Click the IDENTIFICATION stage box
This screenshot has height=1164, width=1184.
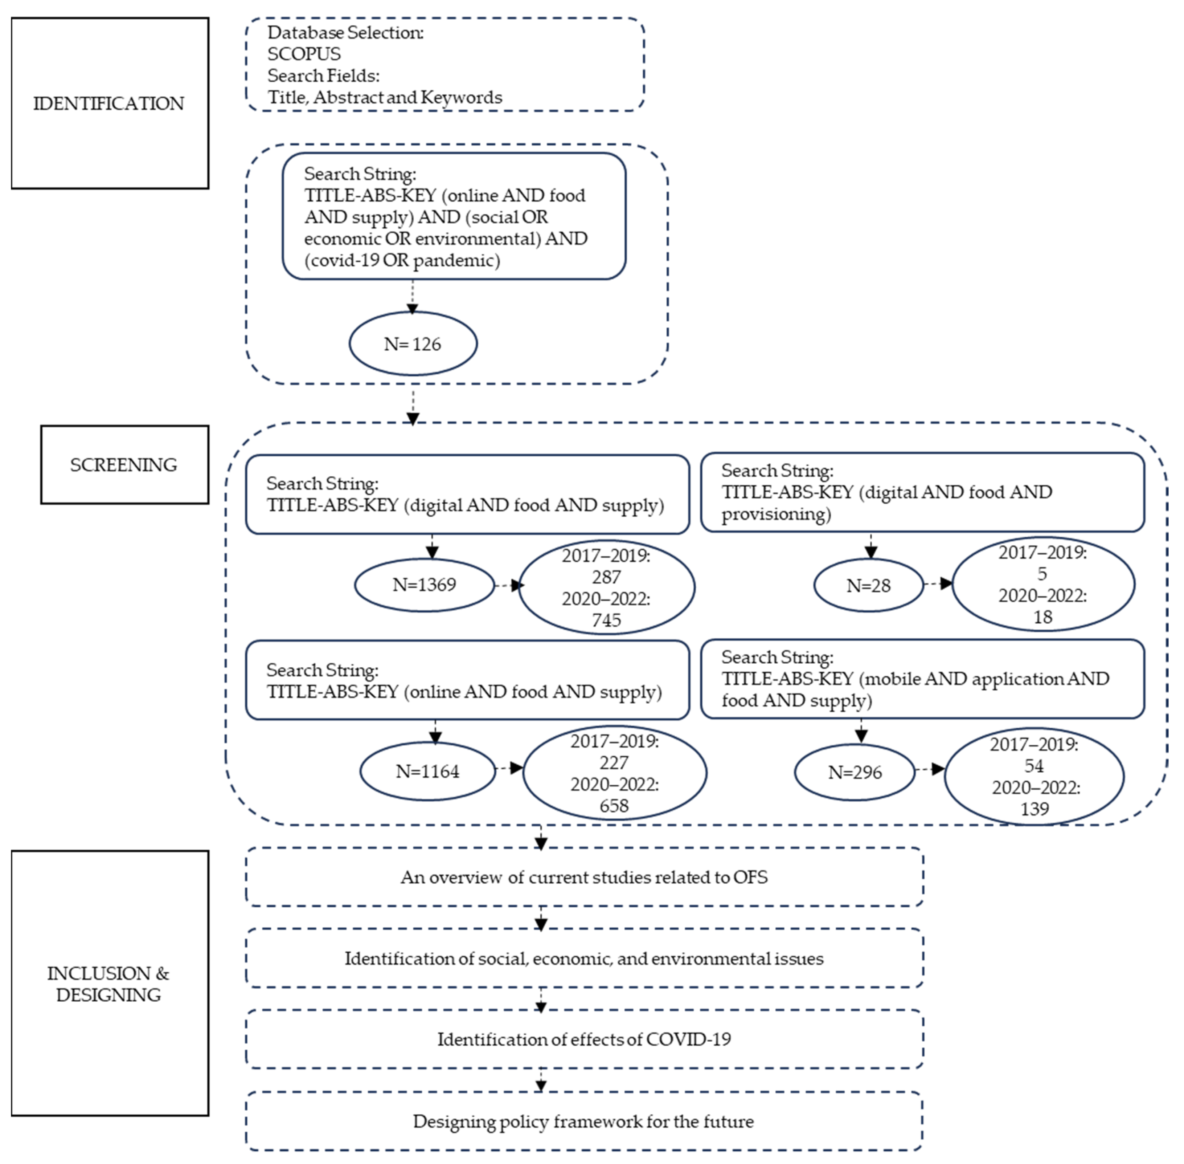[109, 103]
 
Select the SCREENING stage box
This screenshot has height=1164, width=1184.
[124, 465]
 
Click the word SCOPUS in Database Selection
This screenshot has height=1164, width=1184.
[304, 54]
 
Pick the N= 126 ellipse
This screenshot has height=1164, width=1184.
[413, 343]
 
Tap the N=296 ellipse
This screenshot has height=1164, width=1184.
[854, 773]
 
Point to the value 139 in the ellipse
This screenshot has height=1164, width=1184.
[1034, 809]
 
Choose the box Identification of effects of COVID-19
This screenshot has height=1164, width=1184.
[584, 1039]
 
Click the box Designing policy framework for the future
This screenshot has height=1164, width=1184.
[584, 1121]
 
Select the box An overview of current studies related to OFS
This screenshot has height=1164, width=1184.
[584, 877]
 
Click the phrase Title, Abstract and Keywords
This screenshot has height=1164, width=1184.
[384, 97]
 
